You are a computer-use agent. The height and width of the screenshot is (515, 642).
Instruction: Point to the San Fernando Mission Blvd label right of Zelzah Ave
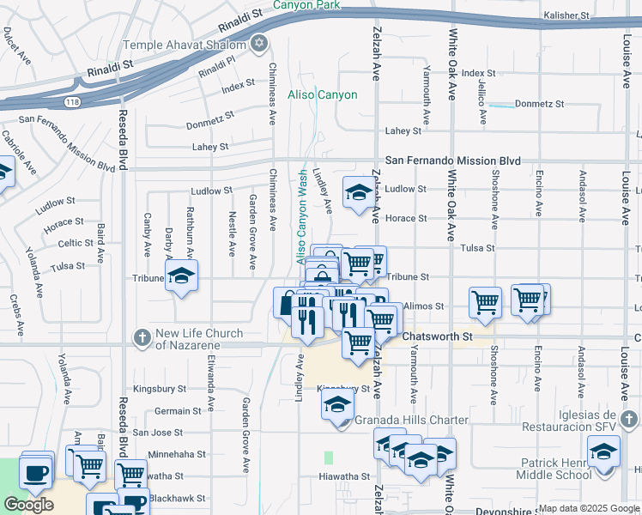[453, 161]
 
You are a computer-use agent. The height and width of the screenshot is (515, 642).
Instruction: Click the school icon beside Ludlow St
[358, 191]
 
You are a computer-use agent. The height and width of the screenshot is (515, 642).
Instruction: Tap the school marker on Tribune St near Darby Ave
[181, 276]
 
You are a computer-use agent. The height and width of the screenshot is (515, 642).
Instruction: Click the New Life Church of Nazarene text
[199, 339]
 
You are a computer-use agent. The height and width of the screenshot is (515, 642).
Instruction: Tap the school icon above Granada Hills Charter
[338, 403]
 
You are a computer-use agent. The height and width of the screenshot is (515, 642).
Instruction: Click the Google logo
[28, 505]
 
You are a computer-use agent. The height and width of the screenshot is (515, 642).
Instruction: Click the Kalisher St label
[567, 15]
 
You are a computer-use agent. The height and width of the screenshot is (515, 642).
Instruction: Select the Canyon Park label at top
[306, 5]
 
